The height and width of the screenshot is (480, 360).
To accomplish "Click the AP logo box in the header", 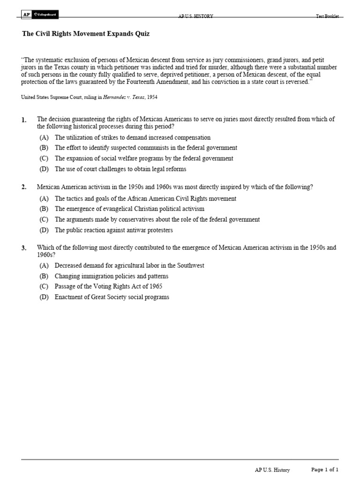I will (27, 15).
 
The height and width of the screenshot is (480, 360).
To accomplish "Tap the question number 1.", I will (24, 120).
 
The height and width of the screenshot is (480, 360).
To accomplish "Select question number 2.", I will (24, 187).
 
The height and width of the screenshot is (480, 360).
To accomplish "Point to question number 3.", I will (24, 248).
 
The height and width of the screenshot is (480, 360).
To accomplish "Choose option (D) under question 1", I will (44, 169).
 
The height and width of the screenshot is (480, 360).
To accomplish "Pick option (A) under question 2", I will (44, 199).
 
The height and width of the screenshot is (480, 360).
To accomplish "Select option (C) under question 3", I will (44, 286).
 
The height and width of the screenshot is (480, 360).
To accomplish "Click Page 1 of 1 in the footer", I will (325, 470).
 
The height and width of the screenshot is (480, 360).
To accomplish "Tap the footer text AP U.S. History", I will (272, 470).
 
